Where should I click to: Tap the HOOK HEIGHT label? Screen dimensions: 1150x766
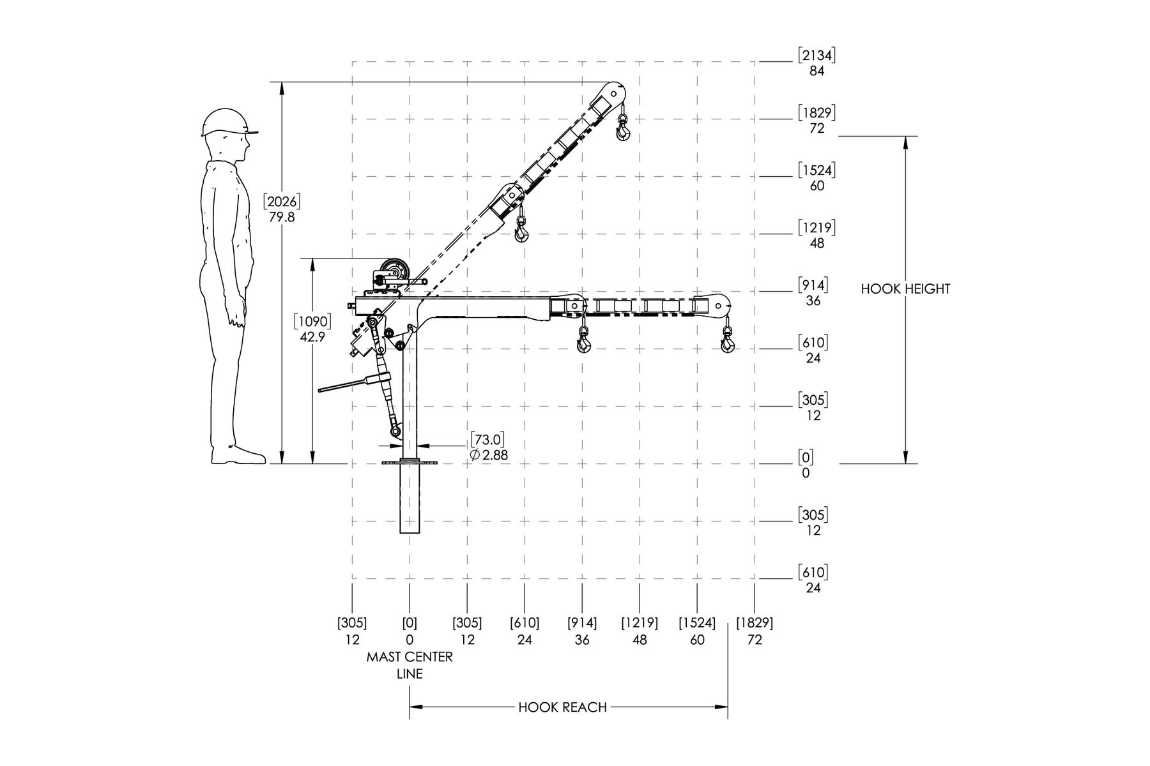click(905, 289)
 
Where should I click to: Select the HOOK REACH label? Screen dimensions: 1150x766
click(562, 707)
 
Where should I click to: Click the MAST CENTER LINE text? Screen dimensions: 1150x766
click(410, 665)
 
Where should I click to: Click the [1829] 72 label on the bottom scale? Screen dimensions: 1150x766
click(755, 631)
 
